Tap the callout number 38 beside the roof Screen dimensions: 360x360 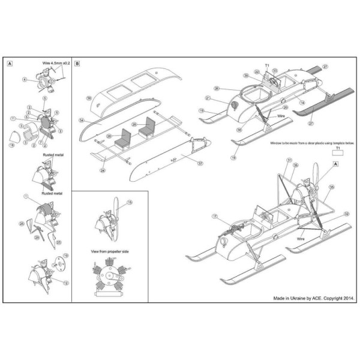coord(88,98)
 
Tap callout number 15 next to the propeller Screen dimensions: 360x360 coord(130,203)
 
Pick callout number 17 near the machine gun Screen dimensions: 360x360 coord(214,217)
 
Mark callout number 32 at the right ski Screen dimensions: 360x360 coord(346,214)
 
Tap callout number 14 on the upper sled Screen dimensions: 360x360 coord(302,103)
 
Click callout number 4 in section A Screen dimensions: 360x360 coord(25,79)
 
